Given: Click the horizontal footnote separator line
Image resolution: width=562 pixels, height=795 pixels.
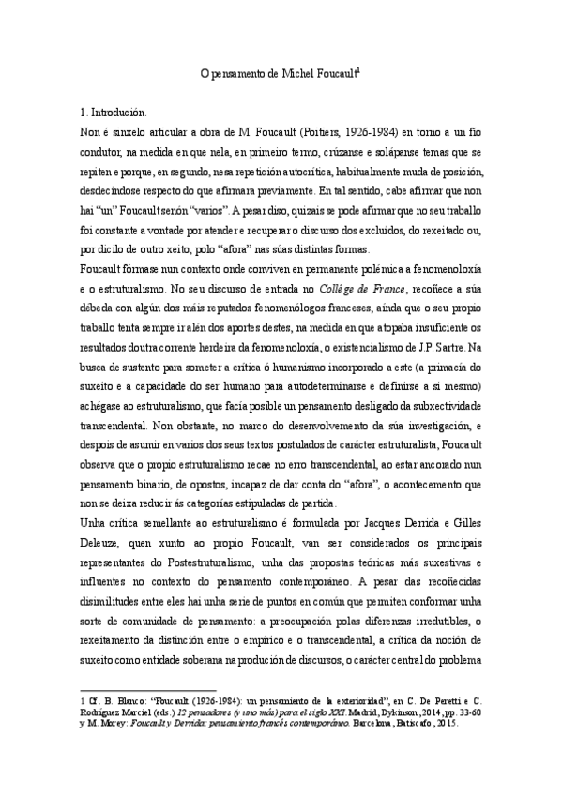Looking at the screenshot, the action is pos(149,688).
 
